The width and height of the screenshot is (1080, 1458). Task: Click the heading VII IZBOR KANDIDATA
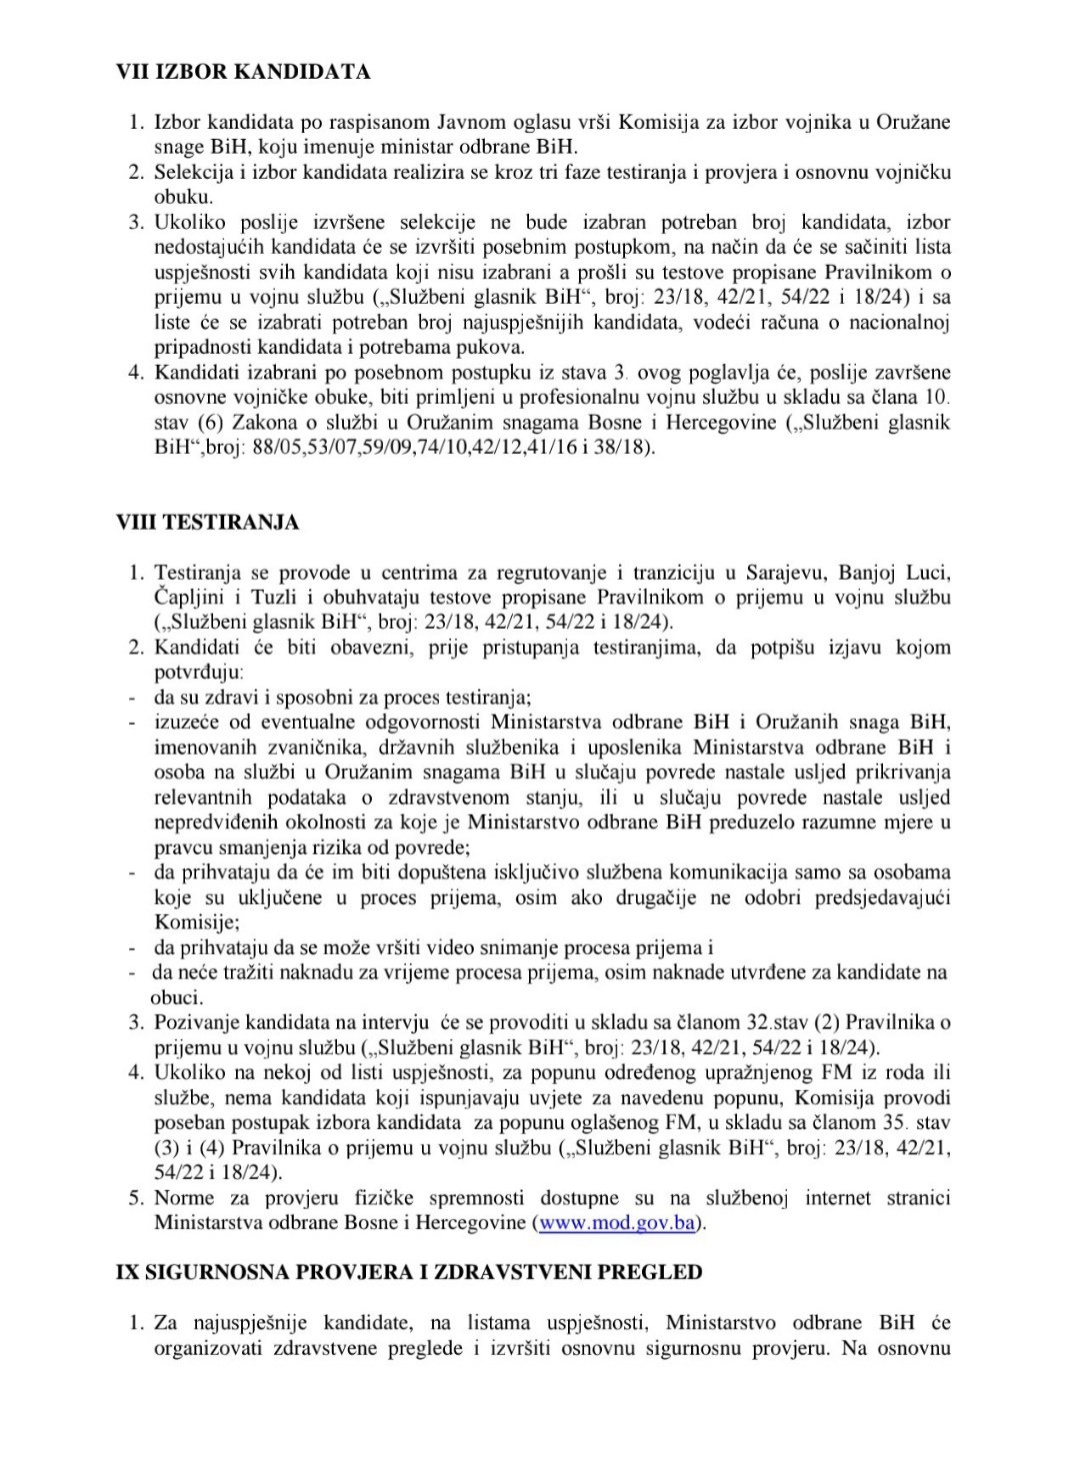[x=243, y=72]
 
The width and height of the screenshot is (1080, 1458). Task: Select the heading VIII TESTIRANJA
[x=208, y=523]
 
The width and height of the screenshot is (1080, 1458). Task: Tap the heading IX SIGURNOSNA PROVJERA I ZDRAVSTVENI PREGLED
[x=409, y=1272]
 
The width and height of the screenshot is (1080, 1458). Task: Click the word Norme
[x=184, y=1197]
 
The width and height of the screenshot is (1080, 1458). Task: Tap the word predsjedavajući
[x=884, y=897]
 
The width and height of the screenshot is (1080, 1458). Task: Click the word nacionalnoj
[x=900, y=322]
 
